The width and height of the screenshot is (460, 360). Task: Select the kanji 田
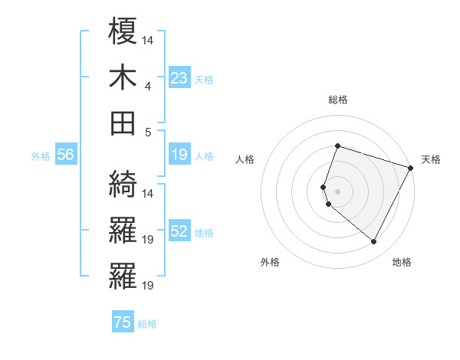[x=123, y=123]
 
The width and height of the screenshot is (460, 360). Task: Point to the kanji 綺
[x=123, y=184]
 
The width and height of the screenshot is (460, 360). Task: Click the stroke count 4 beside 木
[x=148, y=86]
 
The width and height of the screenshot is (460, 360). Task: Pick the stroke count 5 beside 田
[x=148, y=132]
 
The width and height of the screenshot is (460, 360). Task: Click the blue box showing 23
[x=179, y=78]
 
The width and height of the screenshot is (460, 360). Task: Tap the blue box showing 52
[x=179, y=232]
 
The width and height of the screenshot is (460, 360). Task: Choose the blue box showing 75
[x=123, y=323]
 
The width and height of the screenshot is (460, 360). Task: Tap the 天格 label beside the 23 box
[x=204, y=80]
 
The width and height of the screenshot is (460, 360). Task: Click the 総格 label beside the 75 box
[x=147, y=324]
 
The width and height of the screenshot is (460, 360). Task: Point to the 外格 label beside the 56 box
[x=41, y=156]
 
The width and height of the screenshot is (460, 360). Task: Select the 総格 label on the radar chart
[x=337, y=100]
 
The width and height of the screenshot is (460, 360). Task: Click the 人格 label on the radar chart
[x=245, y=159]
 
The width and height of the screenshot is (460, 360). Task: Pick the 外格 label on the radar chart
[x=270, y=262]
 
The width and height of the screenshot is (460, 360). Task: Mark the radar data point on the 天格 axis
[x=412, y=168]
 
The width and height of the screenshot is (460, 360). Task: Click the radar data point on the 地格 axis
[x=374, y=242]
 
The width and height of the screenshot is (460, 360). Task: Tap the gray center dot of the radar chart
[x=337, y=191]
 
